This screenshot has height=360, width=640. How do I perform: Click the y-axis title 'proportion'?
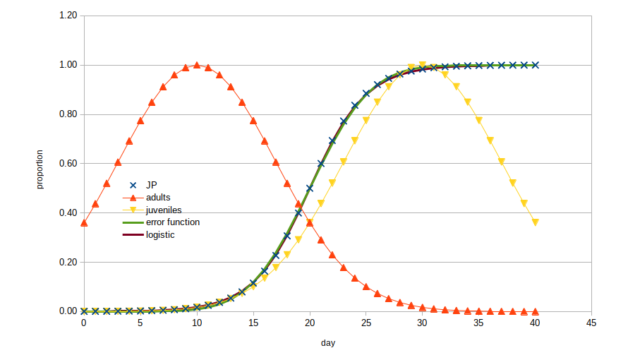[x=40, y=169]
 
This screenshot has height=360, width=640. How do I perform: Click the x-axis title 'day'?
[x=328, y=343]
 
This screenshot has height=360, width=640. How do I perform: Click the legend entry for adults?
[x=158, y=197]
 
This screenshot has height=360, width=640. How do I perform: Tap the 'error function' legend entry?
[x=172, y=222]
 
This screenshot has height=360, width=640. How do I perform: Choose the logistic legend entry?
[x=160, y=235]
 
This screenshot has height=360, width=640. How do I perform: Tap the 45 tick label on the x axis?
[x=591, y=323]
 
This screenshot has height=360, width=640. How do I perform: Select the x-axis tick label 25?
[x=366, y=323]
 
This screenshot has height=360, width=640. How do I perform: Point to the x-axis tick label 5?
[x=140, y=323]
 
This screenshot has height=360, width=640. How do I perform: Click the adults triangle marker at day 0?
[x=84, y=223]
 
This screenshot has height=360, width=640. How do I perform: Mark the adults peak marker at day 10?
[x=197, y=65]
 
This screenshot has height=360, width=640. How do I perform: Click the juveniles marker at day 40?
[x=536, y=222]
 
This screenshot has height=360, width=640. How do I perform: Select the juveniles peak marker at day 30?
[x=423, y=65]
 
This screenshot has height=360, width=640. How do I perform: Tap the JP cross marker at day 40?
[x=536, y=65]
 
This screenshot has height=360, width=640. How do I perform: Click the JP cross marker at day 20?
[x=310, y=188]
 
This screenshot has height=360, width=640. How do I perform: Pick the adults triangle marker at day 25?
[x=366, y=287]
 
